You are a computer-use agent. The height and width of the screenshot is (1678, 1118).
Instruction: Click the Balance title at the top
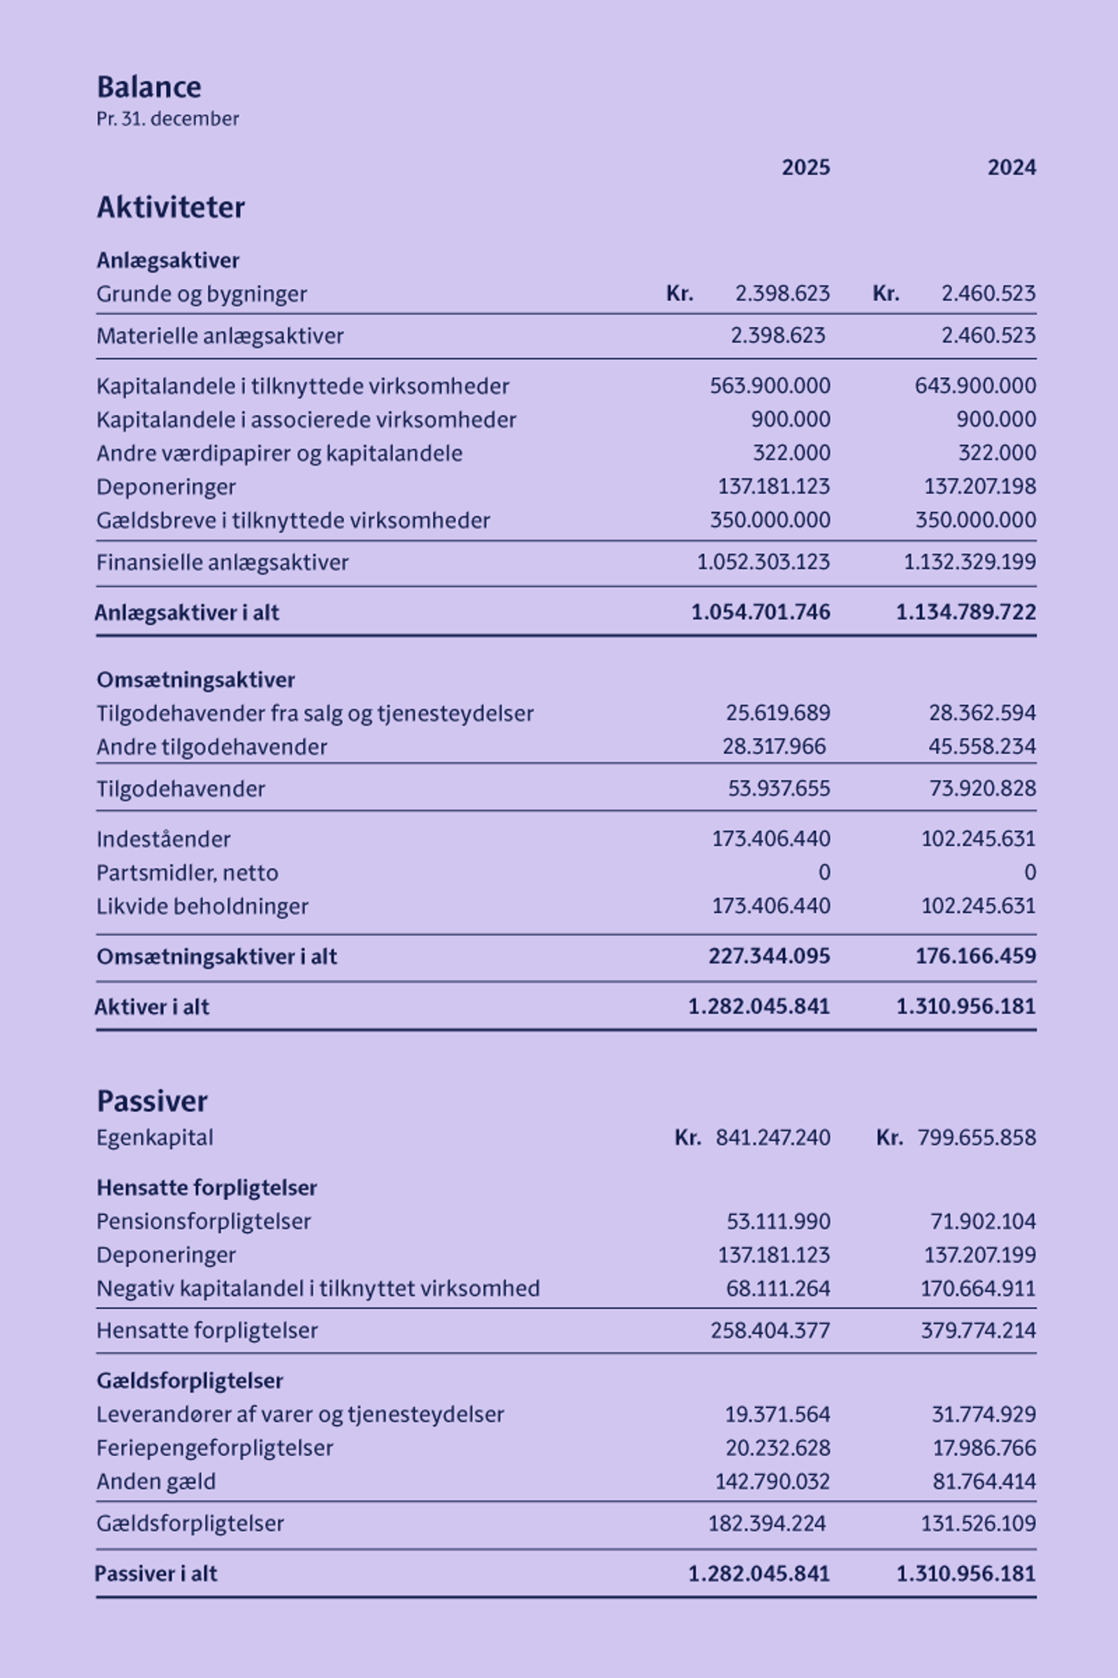[x=149, y=87]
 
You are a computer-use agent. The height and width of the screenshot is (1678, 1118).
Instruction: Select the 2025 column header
[x=805, y=167]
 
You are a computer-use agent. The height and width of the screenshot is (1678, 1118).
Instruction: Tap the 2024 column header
[x=1012, y=167]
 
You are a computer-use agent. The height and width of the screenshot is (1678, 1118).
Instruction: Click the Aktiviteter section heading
[x=171, y=207]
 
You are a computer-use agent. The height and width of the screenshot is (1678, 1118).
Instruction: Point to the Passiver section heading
[x=152, y=1101]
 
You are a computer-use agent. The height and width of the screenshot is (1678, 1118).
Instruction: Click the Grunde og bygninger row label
[x=202, y=294]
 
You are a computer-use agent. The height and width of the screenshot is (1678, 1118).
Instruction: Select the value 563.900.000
[x=770, y=386]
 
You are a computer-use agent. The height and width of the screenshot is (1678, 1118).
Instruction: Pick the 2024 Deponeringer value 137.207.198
[x=979, y=486]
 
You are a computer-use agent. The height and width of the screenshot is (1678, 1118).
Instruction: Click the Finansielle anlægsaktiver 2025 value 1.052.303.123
[x=763, y=562]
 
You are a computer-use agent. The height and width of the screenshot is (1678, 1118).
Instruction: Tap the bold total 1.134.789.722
[x=966, y=612]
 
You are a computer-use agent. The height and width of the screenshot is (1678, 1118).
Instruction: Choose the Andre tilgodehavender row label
[x=212, y=747]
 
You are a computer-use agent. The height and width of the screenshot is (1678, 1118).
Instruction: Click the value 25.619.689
[x=778, y=713]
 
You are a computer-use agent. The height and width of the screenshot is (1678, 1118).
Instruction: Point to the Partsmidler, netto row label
[x=187, y=873]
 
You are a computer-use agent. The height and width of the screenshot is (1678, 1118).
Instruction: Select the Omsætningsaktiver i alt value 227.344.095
[x=769, y=956]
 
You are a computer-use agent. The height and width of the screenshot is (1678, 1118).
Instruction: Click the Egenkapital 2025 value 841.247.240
[x=772, y=1138]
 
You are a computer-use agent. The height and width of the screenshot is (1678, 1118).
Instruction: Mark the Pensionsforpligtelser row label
[x=204, y=1221]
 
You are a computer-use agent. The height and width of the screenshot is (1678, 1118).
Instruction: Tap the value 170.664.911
[x=978, y=1289]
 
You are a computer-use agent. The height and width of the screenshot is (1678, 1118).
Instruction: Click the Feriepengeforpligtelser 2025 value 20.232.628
[x=777, y=1448]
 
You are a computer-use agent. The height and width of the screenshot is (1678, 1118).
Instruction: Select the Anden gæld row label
[x=156, y=1482]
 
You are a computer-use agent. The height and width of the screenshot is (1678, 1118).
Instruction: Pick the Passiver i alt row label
[x=156, y=1574]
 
